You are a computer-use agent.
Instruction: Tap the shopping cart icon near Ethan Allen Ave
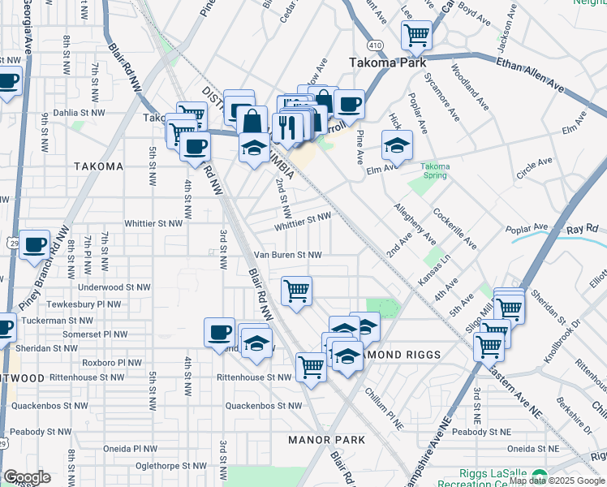(416, 35)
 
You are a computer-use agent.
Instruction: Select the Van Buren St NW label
(287, 254)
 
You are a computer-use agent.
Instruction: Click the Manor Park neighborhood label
(321, 440)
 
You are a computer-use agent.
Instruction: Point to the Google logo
(28, 476)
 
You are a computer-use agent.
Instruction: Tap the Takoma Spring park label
(435, 170)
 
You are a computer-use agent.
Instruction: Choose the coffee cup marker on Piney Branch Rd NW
(34, 245)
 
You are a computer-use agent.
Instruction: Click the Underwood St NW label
(114, 287)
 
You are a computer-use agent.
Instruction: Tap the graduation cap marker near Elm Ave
(397, 146)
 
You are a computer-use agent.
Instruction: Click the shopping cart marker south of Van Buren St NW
(297, 290)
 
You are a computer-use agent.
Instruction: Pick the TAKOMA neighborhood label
(98, 166)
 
